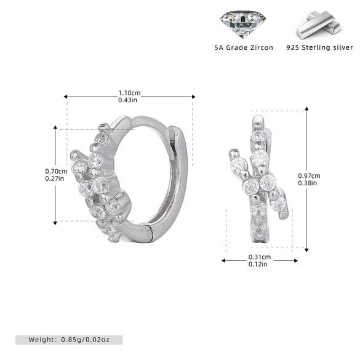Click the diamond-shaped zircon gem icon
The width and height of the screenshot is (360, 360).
(243, 24)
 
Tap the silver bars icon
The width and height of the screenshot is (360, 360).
(319, 25)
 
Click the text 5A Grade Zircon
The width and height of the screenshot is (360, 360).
(244, 48)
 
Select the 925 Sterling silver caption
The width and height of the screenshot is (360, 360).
(319, 47)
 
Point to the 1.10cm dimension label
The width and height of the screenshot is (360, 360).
(129, 93)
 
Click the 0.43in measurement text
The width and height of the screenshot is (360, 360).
(127, 100)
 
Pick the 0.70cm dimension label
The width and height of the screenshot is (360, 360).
(56, 171)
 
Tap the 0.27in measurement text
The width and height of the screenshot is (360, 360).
(55, 178)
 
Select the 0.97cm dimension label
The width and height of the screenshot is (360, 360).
(309, 176)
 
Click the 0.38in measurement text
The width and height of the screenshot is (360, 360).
(308, 183)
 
